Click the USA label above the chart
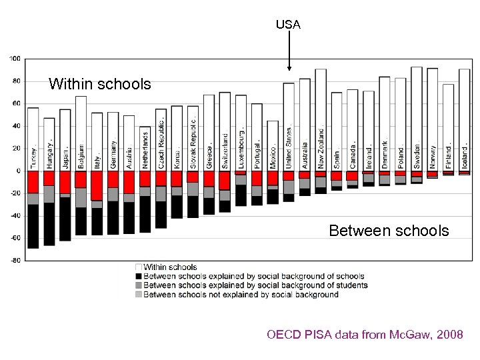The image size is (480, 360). click(288, 25)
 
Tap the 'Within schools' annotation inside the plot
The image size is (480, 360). click(99, 84)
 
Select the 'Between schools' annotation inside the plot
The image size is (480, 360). click(389, 231)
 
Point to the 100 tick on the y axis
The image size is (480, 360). click(15, 59)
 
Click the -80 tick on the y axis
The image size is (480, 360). click(15, 260)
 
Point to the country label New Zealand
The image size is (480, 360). click(321, 146)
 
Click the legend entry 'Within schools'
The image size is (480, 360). click(170, 267)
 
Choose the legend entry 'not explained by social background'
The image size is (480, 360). click(241, 295)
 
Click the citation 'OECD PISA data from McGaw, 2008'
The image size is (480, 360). click(365, 334)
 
